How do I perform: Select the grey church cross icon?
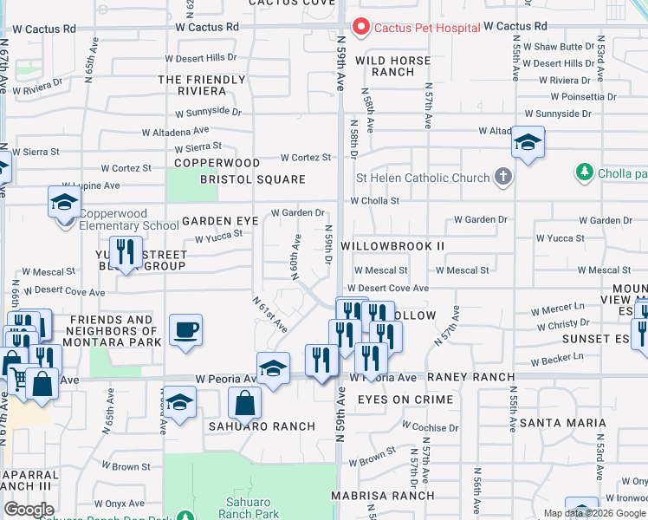pos(502,178)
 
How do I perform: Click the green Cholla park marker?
pos(585,172)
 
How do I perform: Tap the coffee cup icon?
pos(185,330)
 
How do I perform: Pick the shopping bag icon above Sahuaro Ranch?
pos(245,402)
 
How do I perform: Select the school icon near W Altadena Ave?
pos(527,141)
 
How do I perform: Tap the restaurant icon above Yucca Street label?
pos(126,252)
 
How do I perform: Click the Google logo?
pos(29,510)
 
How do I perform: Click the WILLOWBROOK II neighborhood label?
pos(392,246)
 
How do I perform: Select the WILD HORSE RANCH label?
pos(399,66)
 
